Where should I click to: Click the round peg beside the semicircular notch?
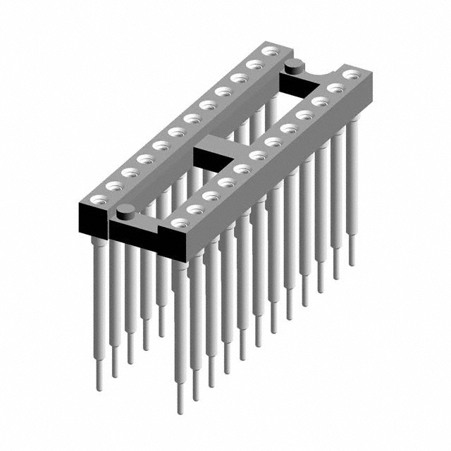[294, 67]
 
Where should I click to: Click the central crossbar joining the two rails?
[215, 146]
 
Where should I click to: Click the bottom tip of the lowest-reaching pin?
[181, 409]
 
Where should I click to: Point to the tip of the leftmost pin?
[99, 386]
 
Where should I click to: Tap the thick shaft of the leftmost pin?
[99, 296]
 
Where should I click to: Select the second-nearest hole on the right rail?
[195, 209]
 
